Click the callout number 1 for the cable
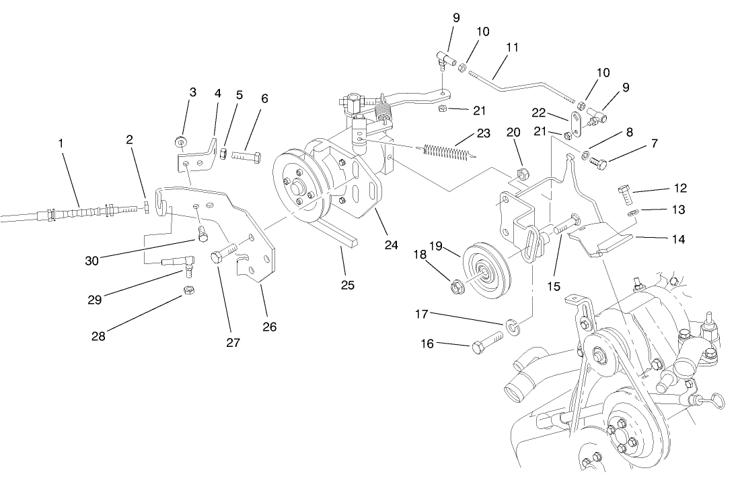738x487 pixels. (x=61, y=143)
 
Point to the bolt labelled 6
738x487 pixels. (x=248, y=156)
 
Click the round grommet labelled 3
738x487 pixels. (x=180, y=142)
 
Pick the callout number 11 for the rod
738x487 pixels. (x=512, y=48)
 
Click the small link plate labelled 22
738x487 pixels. (x=577, y=123)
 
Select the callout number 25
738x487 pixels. (x=346, y=284)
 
